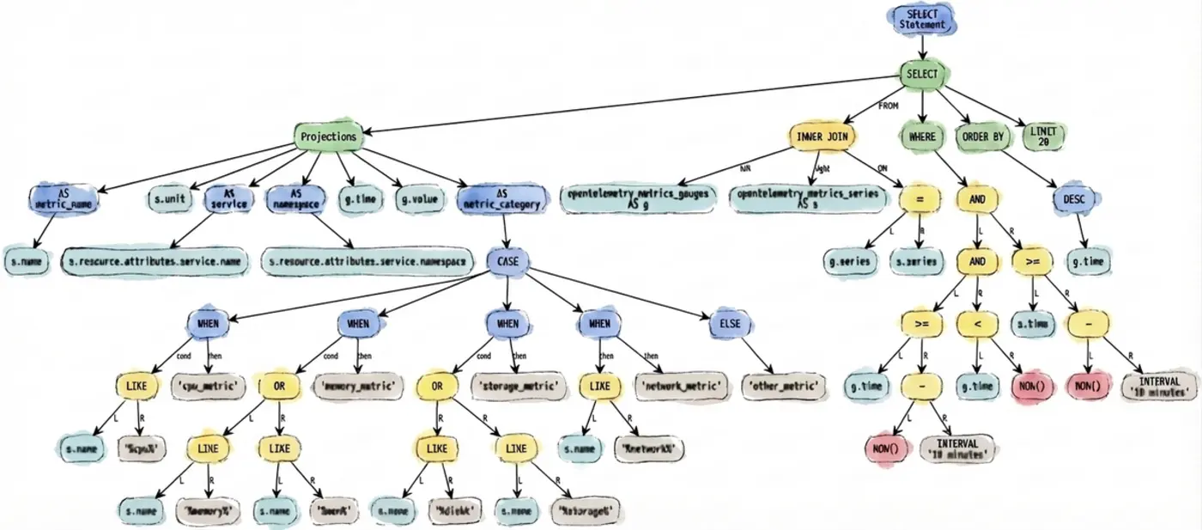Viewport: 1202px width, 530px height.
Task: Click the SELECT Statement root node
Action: pos(922,20)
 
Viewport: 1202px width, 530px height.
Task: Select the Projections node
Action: pos(328,137)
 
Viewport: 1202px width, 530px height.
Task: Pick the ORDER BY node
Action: pos(982,137)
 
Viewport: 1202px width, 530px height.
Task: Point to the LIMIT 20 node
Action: pos(1046,136)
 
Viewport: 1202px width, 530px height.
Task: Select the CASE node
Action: pos(508,260)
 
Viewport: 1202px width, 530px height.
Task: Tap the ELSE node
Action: pos(730,325)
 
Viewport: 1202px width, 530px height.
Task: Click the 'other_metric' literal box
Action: pos(783,386)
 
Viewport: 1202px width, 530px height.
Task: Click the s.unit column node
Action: pos(171,199)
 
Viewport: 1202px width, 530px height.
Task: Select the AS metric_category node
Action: pos(502,199)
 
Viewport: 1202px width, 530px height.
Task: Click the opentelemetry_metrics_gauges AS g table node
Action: pos(637,199)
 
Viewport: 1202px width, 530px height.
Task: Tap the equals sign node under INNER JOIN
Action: pos(918,200)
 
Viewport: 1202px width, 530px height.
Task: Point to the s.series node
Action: pos(917,261)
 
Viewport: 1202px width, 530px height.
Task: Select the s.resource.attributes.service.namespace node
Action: pos(367,260)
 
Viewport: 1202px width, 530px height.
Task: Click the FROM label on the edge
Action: pos(888,106)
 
